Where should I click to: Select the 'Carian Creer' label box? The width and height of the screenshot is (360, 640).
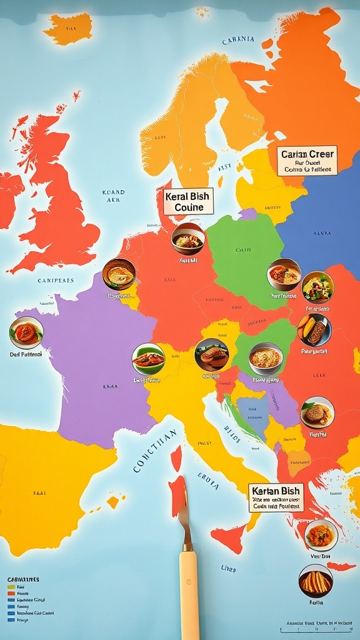pos(307,161)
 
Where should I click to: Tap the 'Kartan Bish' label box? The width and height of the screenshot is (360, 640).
pos(276,497)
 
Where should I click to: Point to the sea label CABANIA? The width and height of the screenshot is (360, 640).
pos(238,40)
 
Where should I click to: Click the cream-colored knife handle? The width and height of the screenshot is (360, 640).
pos(189,593)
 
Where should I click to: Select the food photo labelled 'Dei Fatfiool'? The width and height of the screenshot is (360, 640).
pos(26,332)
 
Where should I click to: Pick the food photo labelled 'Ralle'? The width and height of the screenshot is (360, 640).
pos(316,581)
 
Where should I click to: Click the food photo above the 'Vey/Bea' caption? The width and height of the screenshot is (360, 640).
pos(321,535)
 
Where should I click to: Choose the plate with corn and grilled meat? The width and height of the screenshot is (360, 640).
pos(314,330)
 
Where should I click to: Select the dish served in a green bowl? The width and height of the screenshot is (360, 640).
pos(148,359)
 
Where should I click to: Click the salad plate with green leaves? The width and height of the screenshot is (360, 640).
pos(317,287)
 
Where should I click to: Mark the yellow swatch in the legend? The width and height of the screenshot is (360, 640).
pos(11,587)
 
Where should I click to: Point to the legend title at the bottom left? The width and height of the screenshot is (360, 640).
pos(23,579)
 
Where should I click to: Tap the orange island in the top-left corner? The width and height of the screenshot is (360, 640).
pos(69,28)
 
